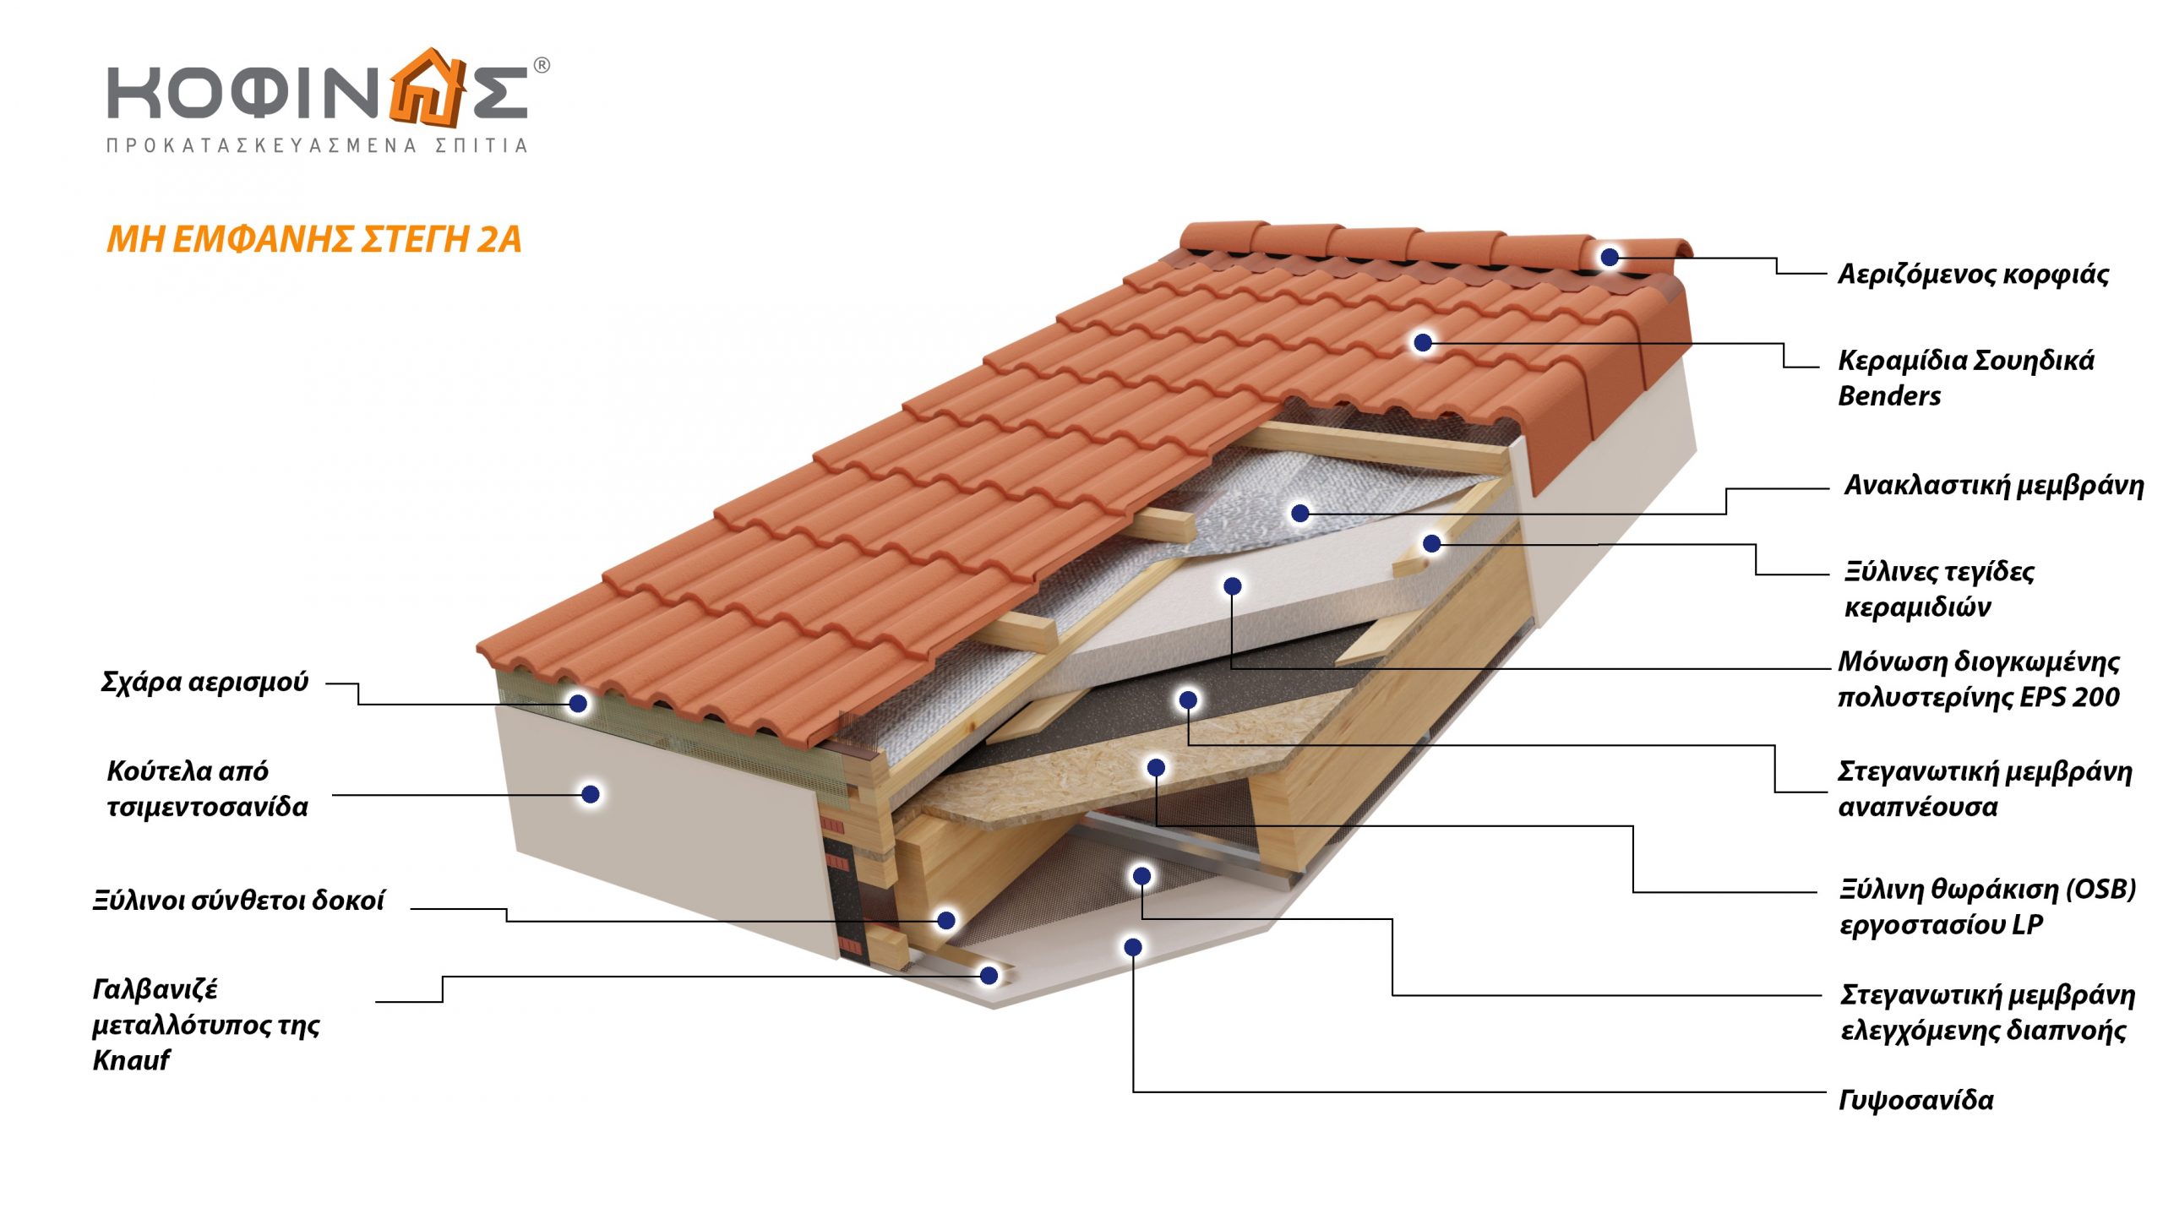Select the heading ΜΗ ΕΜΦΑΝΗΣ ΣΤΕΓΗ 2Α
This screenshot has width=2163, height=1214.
point(313,240)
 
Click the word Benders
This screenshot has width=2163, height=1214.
point(1889,396)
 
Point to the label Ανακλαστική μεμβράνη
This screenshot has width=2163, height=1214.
point(1993,486)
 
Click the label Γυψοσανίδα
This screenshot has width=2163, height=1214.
point(1915,1101)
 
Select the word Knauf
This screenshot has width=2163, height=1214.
point(131,1060)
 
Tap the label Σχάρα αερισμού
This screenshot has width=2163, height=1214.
point(204,682)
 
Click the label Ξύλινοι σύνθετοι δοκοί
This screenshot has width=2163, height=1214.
point(238,901)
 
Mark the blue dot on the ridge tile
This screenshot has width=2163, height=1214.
point(1610,257)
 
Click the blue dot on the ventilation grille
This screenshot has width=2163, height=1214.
point(578,703)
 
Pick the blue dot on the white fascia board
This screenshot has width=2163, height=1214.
point(591,794)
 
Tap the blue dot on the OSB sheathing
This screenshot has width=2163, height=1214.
point(1156,767)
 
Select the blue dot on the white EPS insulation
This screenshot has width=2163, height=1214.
point(1232,585)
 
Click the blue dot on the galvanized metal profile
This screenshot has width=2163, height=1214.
point(989,976)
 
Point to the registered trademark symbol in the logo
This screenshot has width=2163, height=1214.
point(542,65)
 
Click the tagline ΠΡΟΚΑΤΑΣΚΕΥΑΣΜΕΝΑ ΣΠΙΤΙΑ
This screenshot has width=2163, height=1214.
point(317,146)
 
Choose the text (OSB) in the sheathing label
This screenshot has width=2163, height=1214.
point(2100,890)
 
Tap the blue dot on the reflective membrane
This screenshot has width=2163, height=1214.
point(1300,513)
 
